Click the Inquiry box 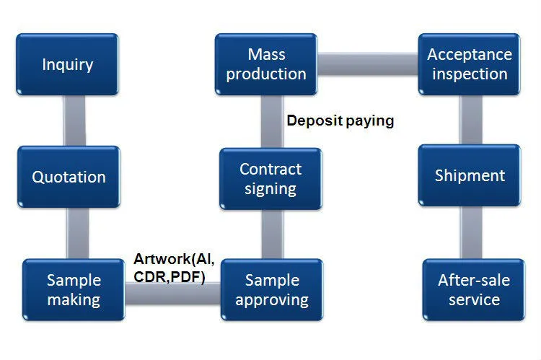[67, 64]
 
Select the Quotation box [69, 177]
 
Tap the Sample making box [74, 290]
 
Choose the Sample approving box [272, 290]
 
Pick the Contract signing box [270, 179]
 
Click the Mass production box [266, 64]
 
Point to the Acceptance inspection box [470, 64]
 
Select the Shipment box [470, 175]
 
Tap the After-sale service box [474, 290]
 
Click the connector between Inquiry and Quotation [74, 120]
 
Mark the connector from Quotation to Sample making [78, 233]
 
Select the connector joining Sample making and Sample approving [173, 294]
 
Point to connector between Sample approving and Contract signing [272, 234]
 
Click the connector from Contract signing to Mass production [272, 121]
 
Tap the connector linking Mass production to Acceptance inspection [368, 64]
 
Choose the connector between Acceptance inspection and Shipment [471, 120]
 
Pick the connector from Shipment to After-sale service [471, 232]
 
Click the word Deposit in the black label [315, 120]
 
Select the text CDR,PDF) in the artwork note [170, 277]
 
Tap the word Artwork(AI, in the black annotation [174, 259]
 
